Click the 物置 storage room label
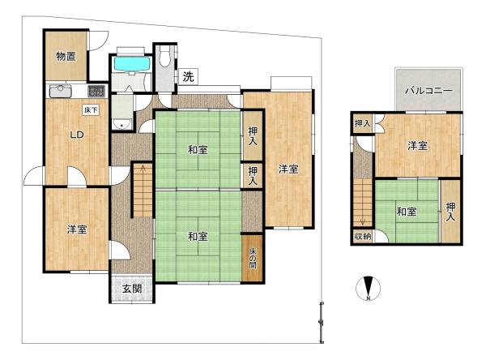pyautogui.click(x=65, y=56)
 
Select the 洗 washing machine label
pyautogui.click(x=188, y=78)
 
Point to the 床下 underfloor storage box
pyautogui.click(x=90, y=109)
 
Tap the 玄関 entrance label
pyautogui.click(x=132, y=288)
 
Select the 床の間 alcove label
pyautogui.click(x=252, y=258)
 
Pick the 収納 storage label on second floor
pyautogui.click(x=362, y=236)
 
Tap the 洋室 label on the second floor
pyautogui.click(x=417, y=146)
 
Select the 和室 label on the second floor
pyautogui.click(x=407, y=212)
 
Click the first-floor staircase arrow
pyautogui.click(x=143, y=186)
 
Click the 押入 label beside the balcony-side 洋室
pyautogui.click(x=362, y=124)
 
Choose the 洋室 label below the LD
pyautogui.click(x=77, y=229)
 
